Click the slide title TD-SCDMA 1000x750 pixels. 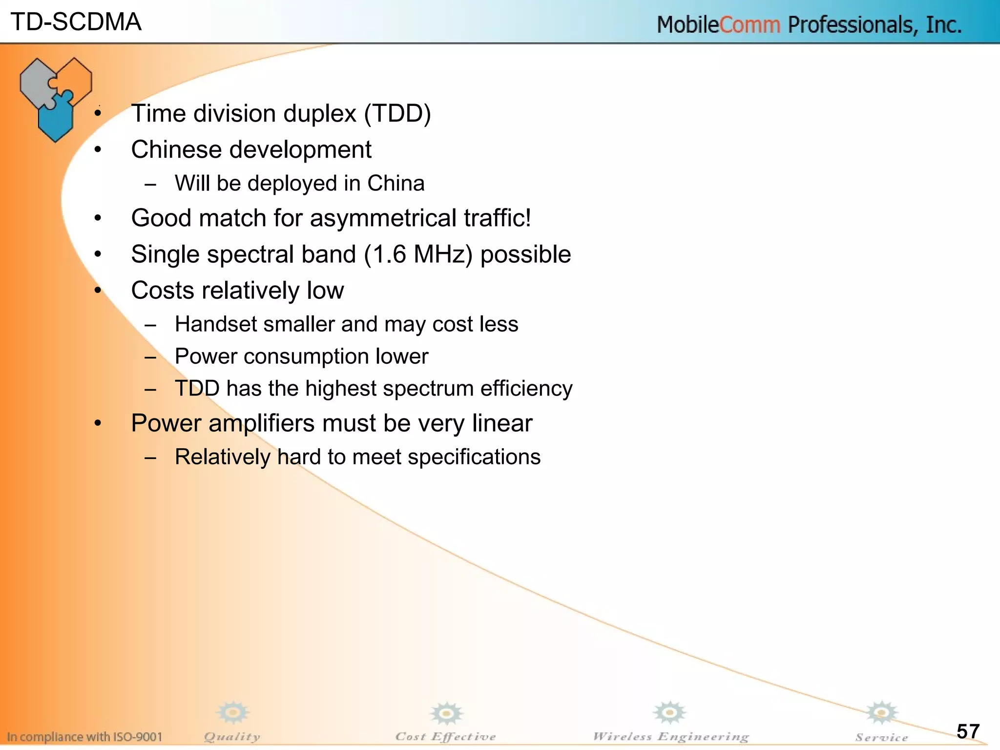pyautogui.click(x=76, y=22)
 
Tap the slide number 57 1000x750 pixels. pyautogui.click(x=968, y=731)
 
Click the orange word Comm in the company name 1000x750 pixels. pyautogui.click(x=750, y=24)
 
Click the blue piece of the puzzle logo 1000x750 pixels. pyautogui.click(x=56, y=117)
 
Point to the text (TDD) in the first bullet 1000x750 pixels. pyautogui.click(x=397, y=114)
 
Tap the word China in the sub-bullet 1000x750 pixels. pyautogui.click(x=396, y=184)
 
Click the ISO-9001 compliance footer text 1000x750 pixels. pyautogui.click(x=84, y=737)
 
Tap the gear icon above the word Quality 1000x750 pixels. pyautogui.click(x=233, y=712)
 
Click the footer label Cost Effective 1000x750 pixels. pyautogui.click(x=445, y=736)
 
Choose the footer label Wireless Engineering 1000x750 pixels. pyautogui.click(x=670, y=736)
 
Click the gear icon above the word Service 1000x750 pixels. pyautogui.click(x=881, y=713)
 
